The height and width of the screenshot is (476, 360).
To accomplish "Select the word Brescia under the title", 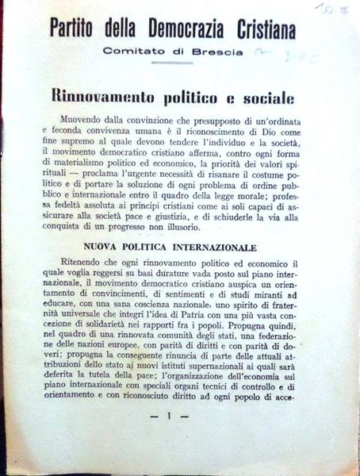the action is coord(206,52).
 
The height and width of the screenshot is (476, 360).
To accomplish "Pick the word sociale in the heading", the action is coord(255,100).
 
